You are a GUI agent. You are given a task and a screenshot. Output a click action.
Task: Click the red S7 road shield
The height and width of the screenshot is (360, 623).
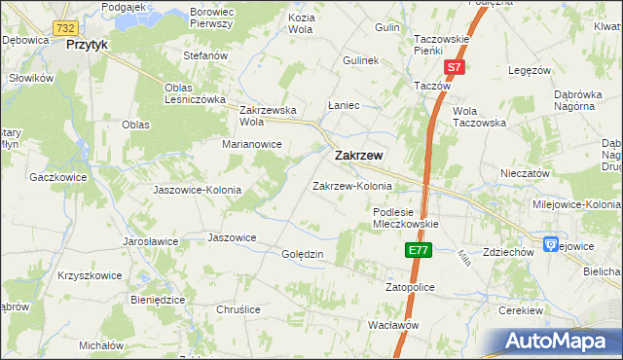[x=454, y=67]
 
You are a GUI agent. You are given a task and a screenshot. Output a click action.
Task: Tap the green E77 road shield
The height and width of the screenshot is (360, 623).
[x=418, y=251]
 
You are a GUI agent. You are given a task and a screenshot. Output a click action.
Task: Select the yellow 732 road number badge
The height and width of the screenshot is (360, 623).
[x=66, y=28]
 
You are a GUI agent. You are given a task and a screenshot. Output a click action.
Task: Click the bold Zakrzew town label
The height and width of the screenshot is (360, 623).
[x=358, y=156]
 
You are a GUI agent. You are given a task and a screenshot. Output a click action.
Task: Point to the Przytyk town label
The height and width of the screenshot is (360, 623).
[x=87, y=45]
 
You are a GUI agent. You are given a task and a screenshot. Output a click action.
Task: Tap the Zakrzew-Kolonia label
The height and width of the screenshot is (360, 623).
[x=351, y=186]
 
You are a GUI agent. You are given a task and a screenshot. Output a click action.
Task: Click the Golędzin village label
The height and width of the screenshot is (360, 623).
[x=302, y=254]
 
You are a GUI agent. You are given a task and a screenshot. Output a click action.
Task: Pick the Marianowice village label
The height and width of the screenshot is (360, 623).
[x=251, y=144]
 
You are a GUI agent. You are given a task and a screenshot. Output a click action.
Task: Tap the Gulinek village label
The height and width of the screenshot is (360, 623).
[x=360, y=60]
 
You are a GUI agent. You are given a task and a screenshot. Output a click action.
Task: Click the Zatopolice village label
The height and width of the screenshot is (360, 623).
[x=409, y=288]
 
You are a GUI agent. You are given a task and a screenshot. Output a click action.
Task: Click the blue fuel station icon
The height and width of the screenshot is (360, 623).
[x=550, y=244]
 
